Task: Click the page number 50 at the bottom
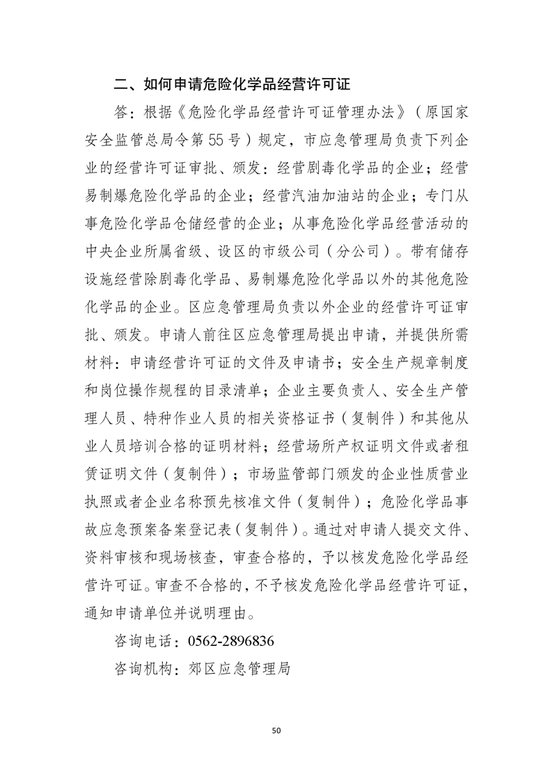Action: (x=276, y=730)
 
